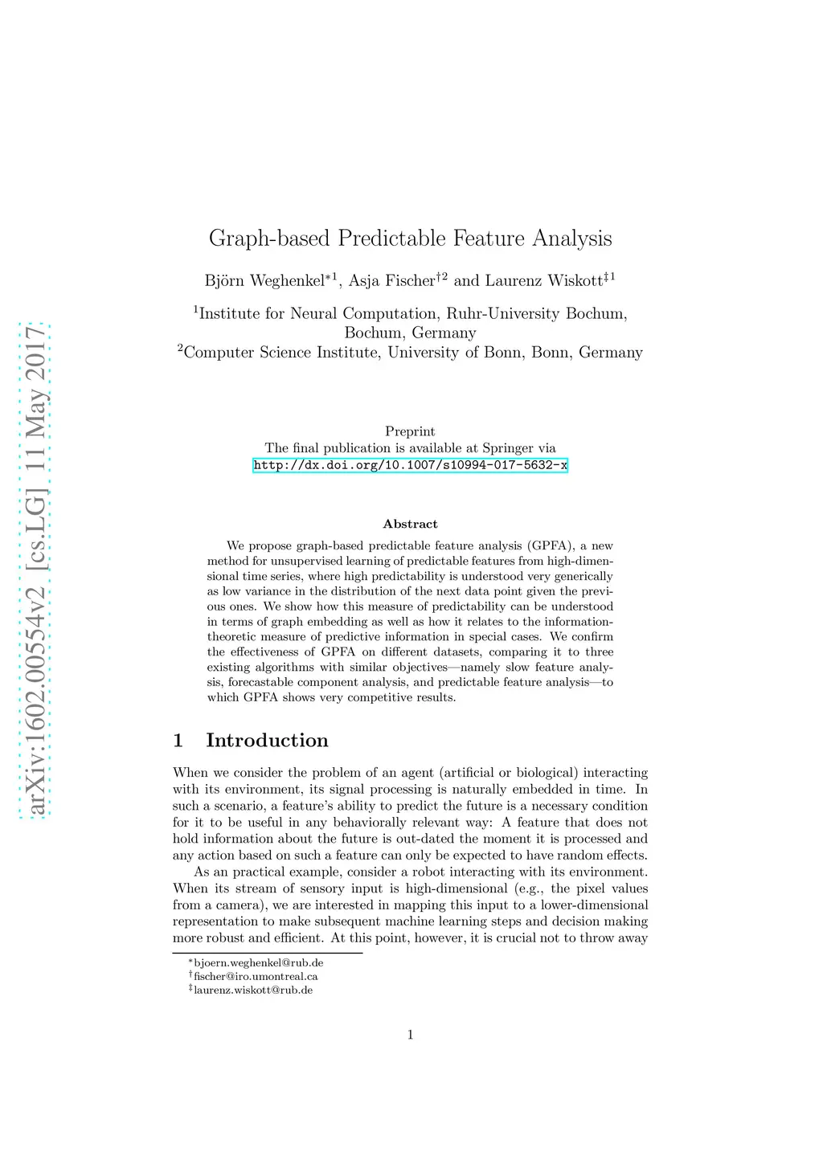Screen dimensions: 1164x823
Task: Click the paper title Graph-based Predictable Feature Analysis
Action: coord(410,239)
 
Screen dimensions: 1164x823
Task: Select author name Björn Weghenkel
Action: coord(264,280)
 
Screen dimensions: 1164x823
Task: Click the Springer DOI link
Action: coord(410,465)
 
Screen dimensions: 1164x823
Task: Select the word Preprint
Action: coord(410,431)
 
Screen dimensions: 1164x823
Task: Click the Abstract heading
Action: coord(410,524)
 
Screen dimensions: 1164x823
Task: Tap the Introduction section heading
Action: coord(267,740)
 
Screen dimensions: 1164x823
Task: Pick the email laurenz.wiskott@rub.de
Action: coord(253,990)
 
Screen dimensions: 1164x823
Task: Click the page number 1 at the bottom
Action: coord(410,1035)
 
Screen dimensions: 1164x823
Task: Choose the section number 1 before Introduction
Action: coord(178,740)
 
